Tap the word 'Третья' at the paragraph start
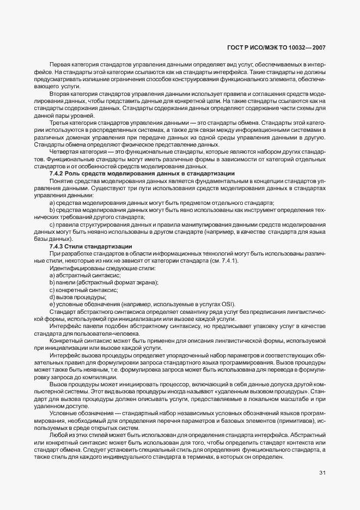tap(59, 123)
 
